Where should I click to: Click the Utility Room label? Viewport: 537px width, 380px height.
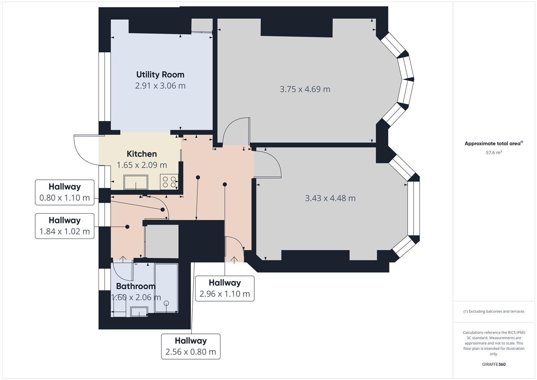(160, 75)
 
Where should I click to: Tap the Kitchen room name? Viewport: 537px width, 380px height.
(142, 154)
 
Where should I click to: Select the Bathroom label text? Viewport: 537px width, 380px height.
(136, 286)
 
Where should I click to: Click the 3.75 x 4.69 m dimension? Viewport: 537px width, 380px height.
(305, 89)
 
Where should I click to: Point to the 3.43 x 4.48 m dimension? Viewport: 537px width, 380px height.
(330, 198)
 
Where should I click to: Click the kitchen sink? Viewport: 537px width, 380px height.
(136, 182)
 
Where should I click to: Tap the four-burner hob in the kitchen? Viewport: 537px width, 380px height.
(169, 182)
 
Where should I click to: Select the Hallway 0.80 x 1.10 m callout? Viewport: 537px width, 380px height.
(65, 192)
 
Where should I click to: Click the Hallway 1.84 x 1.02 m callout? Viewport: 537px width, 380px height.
(65, 226)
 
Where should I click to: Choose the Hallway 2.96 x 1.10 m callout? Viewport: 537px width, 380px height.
(225, 289)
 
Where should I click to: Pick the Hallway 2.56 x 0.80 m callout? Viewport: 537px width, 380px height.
(191, 347)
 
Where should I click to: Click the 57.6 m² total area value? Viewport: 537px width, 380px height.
(494, 153)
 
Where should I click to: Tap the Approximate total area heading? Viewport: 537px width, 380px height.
(493, 144)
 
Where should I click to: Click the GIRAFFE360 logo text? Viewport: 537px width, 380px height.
(494, 365)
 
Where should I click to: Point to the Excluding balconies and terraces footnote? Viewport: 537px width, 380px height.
(494, 311)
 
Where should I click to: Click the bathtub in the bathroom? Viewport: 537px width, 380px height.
(166, 288)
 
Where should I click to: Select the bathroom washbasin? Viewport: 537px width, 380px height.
(139, 311)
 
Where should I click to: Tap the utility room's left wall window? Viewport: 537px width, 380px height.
(104, 87)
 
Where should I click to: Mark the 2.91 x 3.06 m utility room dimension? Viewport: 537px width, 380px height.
(160, 86)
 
